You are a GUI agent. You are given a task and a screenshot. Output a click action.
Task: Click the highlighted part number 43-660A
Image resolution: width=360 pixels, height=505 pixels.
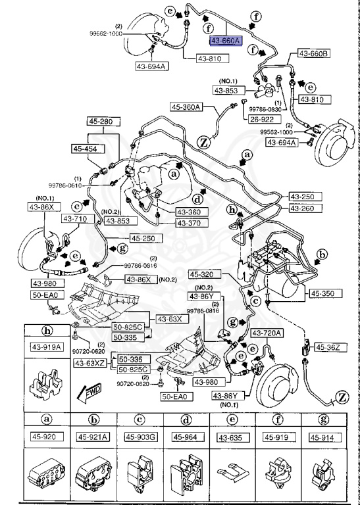226,41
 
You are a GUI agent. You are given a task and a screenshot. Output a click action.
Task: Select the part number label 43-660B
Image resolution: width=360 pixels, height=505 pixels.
314,53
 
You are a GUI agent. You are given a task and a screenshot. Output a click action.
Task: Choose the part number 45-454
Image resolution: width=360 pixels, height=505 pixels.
86,149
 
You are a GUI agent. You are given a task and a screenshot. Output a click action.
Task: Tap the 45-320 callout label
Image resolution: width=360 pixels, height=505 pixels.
203,274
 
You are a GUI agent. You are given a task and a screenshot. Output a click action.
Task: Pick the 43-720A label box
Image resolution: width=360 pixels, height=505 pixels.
268,334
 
